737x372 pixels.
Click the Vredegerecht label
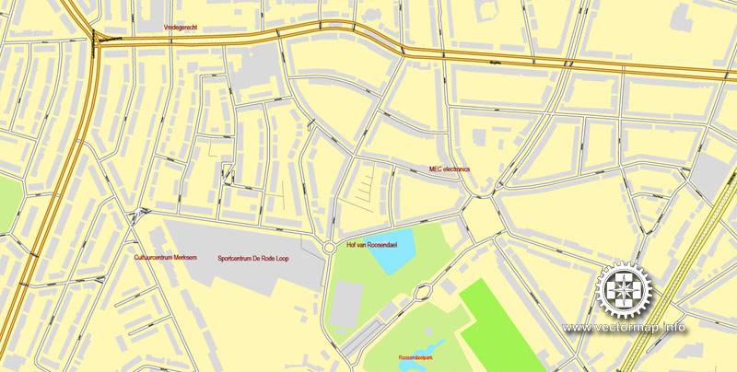point(180,29)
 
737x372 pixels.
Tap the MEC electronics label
point(450,169)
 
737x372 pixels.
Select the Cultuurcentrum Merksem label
point(167,259)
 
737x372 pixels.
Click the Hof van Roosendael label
point(369,246)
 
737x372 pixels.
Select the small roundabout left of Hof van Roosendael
point(329,247)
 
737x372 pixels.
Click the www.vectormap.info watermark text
point(625,328)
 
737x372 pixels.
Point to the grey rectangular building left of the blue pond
point(345,305)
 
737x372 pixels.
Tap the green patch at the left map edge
point(7,203)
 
